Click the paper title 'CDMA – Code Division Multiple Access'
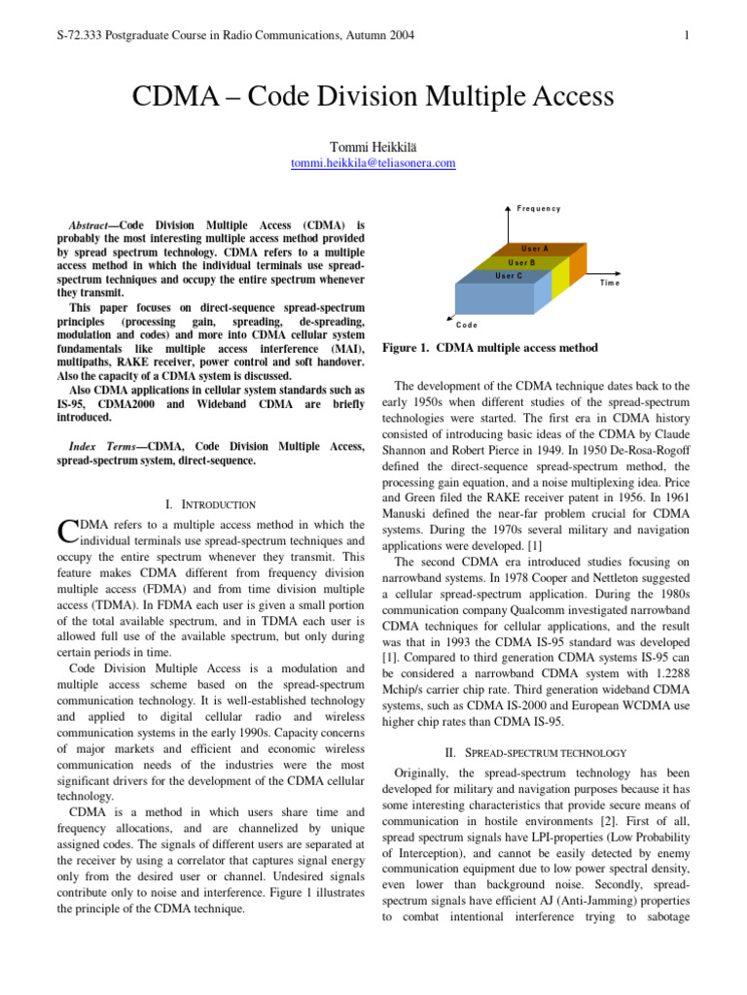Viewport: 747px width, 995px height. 373,97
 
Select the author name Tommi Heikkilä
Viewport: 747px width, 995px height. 373,146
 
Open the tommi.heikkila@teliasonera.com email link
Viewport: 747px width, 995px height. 373,163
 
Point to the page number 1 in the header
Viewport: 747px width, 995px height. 687,37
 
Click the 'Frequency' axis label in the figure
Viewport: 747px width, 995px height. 538,209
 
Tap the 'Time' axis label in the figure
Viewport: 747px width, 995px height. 609,283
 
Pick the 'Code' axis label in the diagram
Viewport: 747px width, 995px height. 467,324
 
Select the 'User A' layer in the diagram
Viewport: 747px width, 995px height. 535,249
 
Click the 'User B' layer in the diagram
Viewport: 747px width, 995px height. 522,262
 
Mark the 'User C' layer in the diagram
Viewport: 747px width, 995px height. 509,276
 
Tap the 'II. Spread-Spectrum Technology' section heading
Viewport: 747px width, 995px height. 538,752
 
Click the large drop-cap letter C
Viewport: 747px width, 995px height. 67,531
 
